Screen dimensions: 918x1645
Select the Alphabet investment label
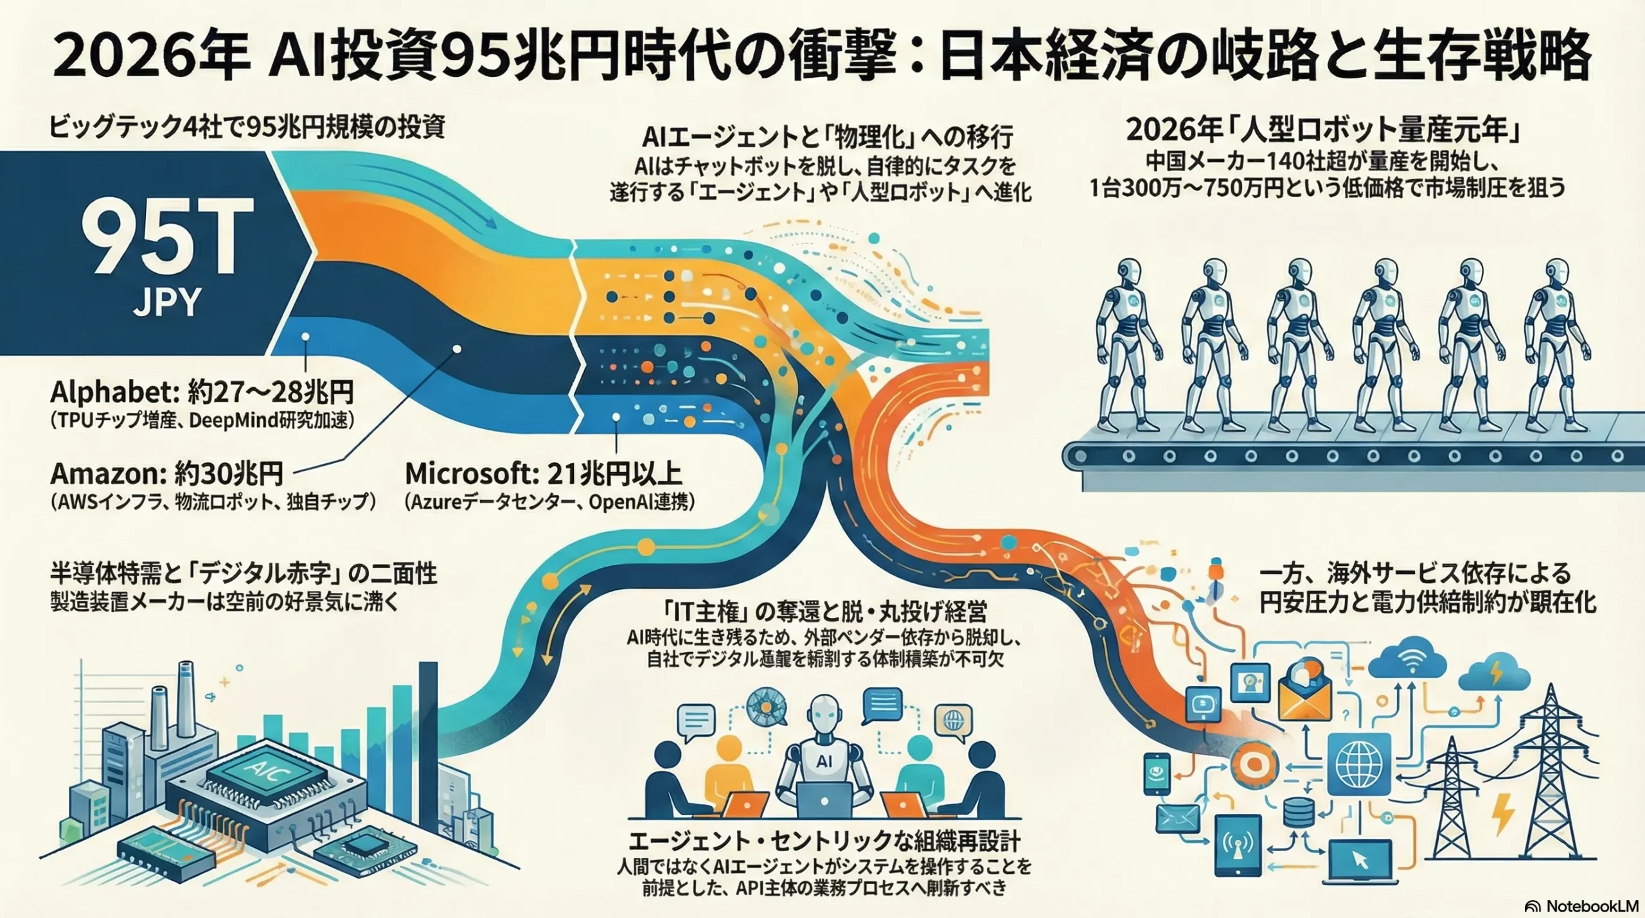[x=202, y=393]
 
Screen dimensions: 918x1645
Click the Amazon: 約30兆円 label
[x=166, y=474]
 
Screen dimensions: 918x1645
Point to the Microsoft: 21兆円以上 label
[x=543, y=474]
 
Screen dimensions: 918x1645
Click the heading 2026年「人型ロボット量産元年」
[x=1326, y=131]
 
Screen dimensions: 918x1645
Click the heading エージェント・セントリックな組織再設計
[x=824, y=842]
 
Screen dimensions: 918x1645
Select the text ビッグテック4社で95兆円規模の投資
[x=247, y=127]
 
